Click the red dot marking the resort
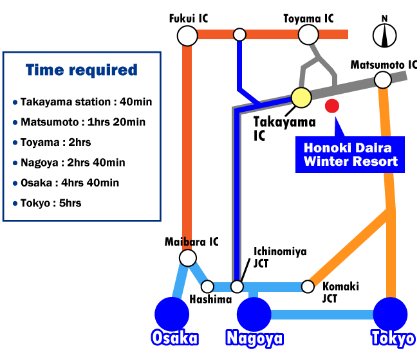click(332, 106)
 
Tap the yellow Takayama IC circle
click(301, 98)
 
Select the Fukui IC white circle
click(187, 36)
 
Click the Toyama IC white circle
click(308, 35)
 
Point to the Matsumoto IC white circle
click(383, 80)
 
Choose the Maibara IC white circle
click(188, 258)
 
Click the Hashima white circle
click(207, 287)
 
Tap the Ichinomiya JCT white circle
click(237, 287)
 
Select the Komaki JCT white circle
click(308, 287)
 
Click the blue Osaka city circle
click(172, 314)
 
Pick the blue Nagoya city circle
click(254, 314)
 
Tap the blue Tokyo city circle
click(390, 314)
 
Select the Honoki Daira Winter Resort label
click(349, 154)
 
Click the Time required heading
click(82, 70)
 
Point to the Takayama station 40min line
click(82, 102)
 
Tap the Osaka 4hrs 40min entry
click(66, 183)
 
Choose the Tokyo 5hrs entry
click(47, 203)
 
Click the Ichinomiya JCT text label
click(280, 258)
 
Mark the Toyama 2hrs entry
click(52, 143)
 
